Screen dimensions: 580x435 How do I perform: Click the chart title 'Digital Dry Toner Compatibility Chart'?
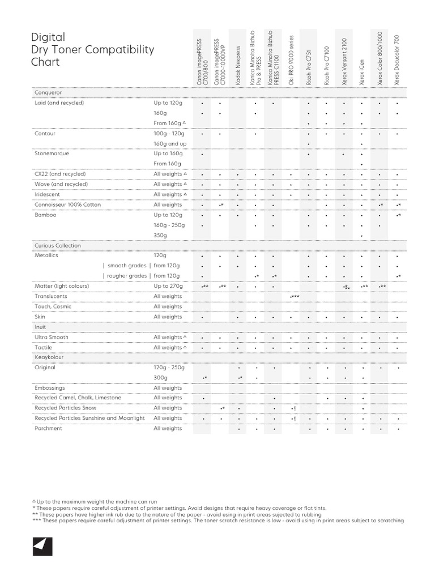[92, 49]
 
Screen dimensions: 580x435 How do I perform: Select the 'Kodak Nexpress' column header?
[238, 66]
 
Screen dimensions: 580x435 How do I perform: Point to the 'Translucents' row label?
[51, 296]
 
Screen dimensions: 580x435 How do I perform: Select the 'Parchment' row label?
[49, 428]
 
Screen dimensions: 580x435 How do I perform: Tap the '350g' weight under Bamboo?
[160, 235]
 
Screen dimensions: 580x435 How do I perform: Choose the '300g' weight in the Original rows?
[161, 377]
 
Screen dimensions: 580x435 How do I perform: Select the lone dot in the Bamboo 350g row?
[362, 236]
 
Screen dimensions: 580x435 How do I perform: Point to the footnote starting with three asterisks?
[218, 521]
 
